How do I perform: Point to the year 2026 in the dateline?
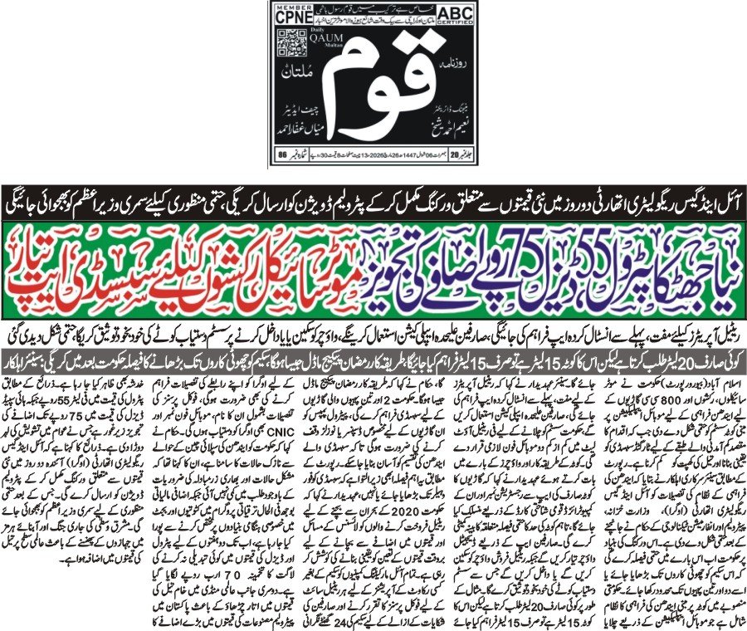(x=369, y=155)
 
